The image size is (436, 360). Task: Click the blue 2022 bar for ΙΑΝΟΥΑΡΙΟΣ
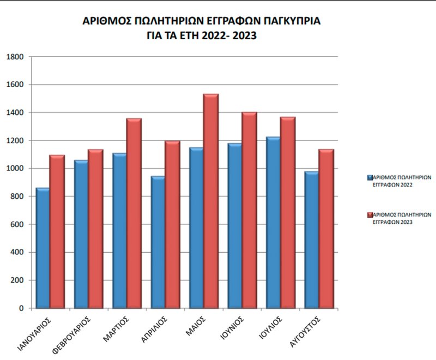pos(43,248)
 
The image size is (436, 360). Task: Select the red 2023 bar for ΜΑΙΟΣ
pos(211,201)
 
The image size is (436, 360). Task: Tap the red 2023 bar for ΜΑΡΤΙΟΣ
pos(134,213)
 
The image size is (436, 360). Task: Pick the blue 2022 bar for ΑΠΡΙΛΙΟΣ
pos(158,242)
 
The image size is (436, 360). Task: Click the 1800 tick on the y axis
pos(16,57)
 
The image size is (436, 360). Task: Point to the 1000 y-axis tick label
pos(16,168)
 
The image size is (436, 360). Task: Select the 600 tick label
pos(17,224)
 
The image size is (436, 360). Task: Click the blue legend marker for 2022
pos(370,178)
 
